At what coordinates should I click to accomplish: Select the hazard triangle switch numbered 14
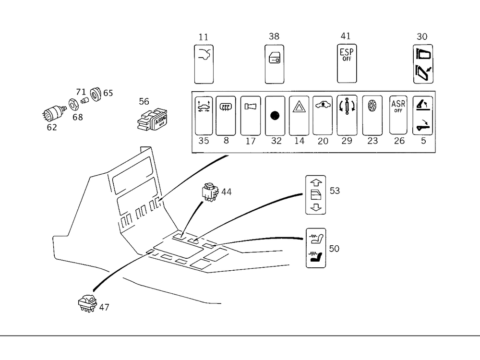[299, 115]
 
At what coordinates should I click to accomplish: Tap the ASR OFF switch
[398, 115]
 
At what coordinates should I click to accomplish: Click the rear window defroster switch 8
[225, 115]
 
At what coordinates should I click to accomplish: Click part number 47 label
[104, 307]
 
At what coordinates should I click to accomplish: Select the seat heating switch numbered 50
[316, 248]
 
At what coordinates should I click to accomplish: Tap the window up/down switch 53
[315, 195]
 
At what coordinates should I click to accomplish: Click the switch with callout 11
[204, 64]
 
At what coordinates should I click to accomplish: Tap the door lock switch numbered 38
[275, 64]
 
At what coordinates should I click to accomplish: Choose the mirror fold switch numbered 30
[422, 64]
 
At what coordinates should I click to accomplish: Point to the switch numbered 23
[372, 115]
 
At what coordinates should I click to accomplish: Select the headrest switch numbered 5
[422, 115]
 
